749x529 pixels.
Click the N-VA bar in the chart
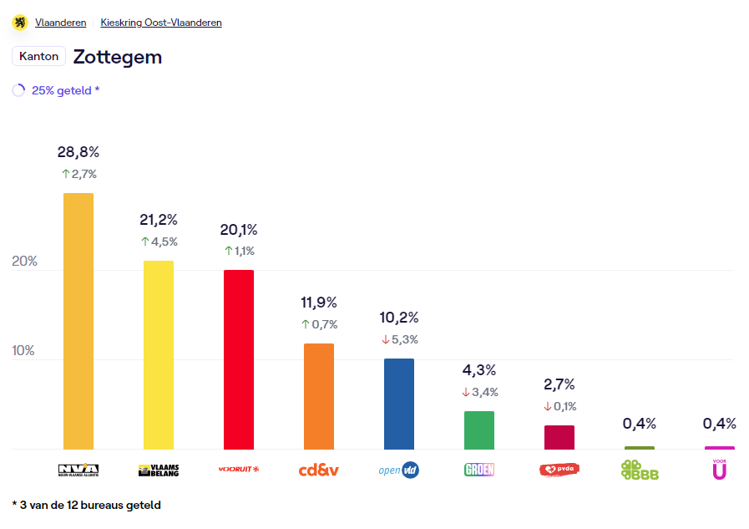point(78,321)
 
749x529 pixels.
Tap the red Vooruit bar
point(239,359)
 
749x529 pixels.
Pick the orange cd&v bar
point(319,396)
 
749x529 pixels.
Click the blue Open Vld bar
point(399,404)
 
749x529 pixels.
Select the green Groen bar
point(479,430)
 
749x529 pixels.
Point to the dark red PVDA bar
point(559,437)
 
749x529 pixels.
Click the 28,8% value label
point(78,152)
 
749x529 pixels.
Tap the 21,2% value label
point(159,220)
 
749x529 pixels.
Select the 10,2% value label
point(399,318)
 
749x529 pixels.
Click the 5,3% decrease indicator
point(399,339)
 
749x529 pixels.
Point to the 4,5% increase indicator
point(159,242)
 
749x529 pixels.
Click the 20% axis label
point(25,261)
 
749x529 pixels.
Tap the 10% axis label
point(24,350)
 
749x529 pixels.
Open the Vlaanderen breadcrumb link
point(60,23)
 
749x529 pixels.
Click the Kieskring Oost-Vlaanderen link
point(161,23)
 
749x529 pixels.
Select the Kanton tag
point(38,56)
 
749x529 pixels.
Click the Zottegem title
point(118,57)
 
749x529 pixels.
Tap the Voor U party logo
point(720,469)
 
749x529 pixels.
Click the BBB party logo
point(640,470)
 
